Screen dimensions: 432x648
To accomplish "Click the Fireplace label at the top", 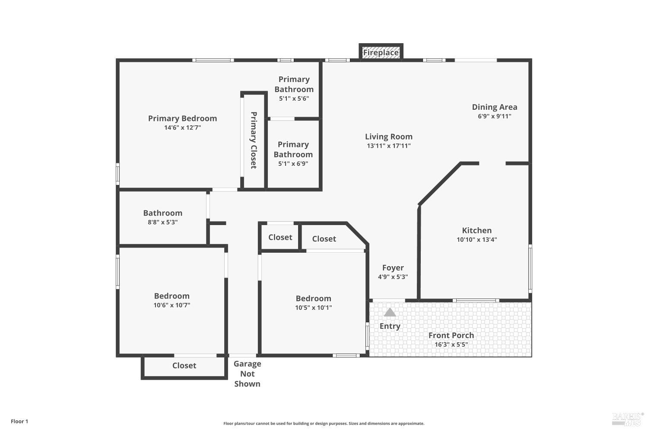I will click(381, 53).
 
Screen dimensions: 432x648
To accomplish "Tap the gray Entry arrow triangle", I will click(390, 312).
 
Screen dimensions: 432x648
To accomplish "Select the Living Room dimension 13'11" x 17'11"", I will click(389, 146).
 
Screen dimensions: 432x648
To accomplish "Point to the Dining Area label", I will click(494, 107).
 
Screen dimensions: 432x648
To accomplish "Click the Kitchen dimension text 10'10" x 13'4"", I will click(476, 240).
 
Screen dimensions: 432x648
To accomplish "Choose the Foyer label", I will click(393, 268).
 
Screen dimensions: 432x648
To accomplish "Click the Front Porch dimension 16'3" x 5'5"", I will click(451, 345).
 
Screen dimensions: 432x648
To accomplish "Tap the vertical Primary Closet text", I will click(254, 140).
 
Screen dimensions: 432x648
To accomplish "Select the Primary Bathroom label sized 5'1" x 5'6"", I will click(294, 84).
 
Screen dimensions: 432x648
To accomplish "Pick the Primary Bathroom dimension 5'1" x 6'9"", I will click(293, 164).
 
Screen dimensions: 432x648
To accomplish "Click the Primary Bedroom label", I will click(182, 118).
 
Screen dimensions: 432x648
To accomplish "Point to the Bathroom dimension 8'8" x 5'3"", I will click(162, 222).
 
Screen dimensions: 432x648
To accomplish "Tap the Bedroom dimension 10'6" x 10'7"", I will click(172, 305).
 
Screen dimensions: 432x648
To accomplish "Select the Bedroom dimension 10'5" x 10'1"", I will click(313, 308).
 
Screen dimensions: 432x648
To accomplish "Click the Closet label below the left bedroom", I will click(184, 365).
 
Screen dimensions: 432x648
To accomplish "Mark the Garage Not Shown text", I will click(247, 374).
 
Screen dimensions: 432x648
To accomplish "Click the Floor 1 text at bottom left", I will click(19, 421).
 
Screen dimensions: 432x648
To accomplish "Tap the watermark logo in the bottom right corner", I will click(627, 419).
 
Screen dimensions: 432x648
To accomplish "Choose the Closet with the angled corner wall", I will click(324, 239).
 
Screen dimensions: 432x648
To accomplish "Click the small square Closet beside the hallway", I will click(280, 237).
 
